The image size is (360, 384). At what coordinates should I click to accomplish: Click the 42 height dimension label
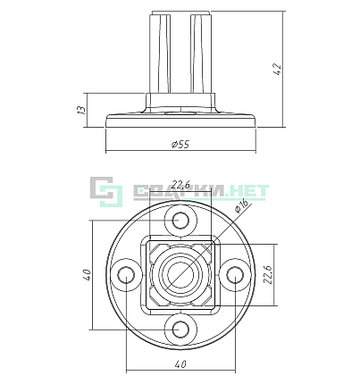(277, 70)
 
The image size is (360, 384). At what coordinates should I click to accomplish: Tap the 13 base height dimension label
(81, 110)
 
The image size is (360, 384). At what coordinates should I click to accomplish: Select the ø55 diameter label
(180, 145)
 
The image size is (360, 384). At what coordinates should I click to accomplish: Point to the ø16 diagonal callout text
(241, 205)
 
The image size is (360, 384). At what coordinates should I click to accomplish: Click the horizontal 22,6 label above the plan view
(180, 185)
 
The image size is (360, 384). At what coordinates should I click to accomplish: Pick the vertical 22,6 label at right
(269, 274)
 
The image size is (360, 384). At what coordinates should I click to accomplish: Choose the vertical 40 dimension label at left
(87, 274)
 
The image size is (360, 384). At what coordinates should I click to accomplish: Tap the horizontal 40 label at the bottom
(180, 364)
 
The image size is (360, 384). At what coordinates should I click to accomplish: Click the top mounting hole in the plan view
(180, 221)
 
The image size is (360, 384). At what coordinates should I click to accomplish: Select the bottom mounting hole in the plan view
(180, 330)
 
